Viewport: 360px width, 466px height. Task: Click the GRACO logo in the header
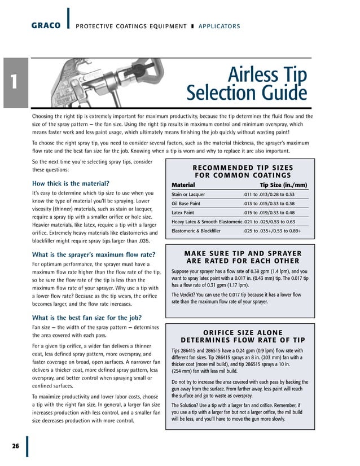coord(46,26)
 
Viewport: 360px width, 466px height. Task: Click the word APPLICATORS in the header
coord(218,27)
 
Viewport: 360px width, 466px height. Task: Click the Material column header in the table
coord(183,185)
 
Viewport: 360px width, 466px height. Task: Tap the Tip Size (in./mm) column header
coord(283,185)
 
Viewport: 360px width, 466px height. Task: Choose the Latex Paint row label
coord(183,213)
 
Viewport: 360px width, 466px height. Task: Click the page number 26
coord(15,446)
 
